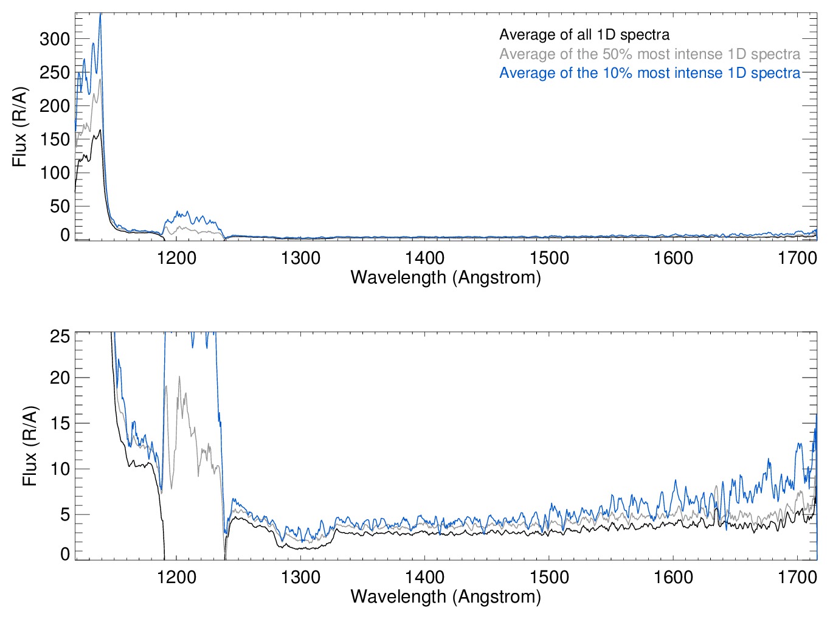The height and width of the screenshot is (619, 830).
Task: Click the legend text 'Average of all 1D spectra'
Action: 584,35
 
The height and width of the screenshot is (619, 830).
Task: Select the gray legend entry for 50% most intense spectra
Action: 649,54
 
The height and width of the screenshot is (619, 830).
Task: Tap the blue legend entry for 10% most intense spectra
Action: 649,73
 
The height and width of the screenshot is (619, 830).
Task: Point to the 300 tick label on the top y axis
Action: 55,40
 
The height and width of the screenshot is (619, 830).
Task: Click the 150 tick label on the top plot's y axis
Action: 55,139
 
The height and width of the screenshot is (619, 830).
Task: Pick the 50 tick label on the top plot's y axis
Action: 60,206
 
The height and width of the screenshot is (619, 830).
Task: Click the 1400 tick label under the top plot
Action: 424,258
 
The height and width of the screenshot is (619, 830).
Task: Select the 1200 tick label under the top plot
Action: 176,258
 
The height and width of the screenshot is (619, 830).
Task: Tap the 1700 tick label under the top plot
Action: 797,258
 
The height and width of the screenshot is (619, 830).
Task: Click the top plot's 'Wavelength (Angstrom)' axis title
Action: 446,278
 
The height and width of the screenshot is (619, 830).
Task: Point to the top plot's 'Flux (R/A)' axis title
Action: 19,127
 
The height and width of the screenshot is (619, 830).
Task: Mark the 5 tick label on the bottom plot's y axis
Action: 64,515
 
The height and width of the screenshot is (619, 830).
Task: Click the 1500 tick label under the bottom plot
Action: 549,577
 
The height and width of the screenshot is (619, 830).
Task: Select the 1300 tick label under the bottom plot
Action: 300,577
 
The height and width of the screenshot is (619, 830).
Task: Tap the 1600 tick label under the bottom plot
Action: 673,577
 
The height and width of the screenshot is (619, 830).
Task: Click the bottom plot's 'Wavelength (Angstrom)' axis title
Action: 446,597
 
